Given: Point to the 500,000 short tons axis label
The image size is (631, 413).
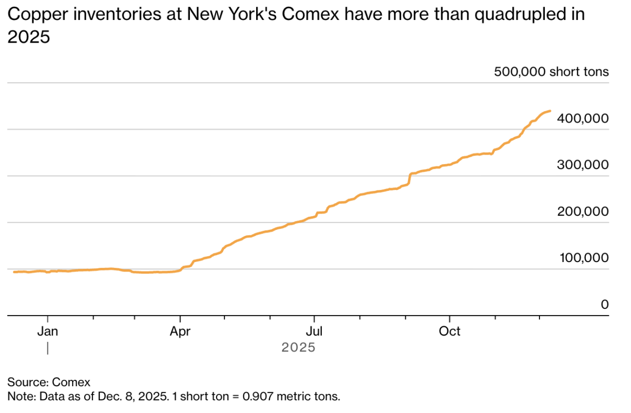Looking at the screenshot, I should [551, 72].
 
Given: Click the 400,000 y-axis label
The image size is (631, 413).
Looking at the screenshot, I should [583, 119].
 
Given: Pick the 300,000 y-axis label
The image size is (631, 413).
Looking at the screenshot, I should [583, 165].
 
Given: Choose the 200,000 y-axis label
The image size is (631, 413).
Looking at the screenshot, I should [583, 211].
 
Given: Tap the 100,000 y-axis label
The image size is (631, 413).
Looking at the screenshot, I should [583, 258].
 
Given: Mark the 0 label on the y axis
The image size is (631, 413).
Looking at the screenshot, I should [605, 304].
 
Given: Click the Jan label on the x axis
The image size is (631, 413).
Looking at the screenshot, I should [48, 331].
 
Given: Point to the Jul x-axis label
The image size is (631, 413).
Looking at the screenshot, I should [314, 331].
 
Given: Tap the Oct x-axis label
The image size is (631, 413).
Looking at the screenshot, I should [450, 331].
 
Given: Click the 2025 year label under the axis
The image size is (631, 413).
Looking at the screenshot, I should [298, 348].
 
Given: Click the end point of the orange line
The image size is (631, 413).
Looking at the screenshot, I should [550, 111].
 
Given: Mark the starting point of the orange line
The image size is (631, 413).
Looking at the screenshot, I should [14, 272].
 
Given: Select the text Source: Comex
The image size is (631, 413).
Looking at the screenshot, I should [42, 382].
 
